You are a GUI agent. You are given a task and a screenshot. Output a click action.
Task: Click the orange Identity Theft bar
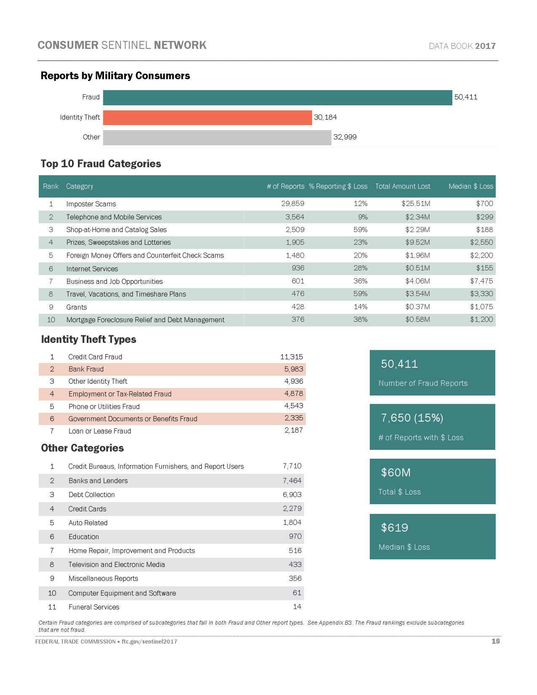pyautogui.click(x=207, y=118)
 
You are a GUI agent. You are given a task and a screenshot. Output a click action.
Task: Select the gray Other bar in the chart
pyautogui.click(x=217, y=138)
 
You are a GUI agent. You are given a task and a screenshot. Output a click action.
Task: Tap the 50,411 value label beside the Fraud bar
pyautogui.click(x=466, y=97)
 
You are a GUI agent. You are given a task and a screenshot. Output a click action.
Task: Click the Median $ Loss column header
pyautogui.click(x=470, y=186)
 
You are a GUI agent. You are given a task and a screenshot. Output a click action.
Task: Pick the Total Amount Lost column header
pyautogui.click(x=403, y=186)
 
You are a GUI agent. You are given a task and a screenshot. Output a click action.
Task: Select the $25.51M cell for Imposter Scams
pyautogui.click(x=416, y=204)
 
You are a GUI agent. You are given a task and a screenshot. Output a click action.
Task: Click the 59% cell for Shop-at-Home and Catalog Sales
pyautogui.click(x=360, y=230)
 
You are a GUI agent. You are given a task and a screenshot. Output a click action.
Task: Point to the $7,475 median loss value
pyautogui.click(x=481, y=281)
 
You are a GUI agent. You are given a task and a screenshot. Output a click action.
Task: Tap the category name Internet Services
pyautogui.click(x=92, y=269)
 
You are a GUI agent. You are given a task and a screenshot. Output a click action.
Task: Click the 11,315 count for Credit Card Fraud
pyautogui.click(x=291, y=357)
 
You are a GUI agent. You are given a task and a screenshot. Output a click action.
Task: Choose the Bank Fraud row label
pyautogui.click(x=86, y=369)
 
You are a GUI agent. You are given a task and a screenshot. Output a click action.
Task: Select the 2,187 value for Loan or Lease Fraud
pyautogui.click(x=294, y=430)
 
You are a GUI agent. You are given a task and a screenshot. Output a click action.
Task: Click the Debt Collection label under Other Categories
pyautogui.click(x=91, y=495)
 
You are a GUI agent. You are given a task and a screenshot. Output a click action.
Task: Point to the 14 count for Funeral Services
pyautogui.click(x=297, y=607)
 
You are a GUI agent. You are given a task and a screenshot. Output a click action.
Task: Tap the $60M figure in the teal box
pyautogui.click(x=395, y=473)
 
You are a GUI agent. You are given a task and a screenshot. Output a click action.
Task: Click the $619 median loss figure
pyautogui.click(x=394, y=528)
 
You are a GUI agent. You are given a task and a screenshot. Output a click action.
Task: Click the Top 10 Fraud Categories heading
pyautogui.click(x=101, y=164)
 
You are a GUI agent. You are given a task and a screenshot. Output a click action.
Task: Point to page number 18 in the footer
pyautogui.click(x=495, y=641)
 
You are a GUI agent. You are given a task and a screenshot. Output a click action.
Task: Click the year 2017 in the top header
pyautogui.click(x=485, y=46)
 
